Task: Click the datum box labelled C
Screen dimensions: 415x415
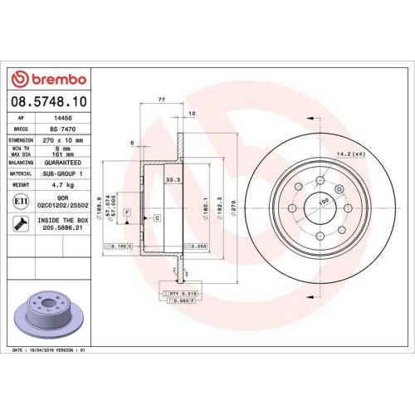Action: (x=157, y=217)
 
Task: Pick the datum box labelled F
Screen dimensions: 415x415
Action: (x=126, y=213)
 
